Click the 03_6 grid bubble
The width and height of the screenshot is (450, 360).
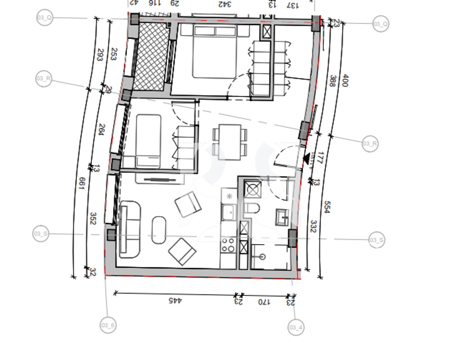pyautogui.click(x=108, y=325)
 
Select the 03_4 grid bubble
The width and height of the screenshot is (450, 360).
pyautogui.click(x=295, y=328)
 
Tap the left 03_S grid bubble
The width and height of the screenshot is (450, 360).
pyautogui.click(x=40, y=234)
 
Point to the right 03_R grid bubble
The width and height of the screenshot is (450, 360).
pyautogui.click(x=370, y=144)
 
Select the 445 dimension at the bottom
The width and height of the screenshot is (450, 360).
pyautogui.click(x=175, y=300)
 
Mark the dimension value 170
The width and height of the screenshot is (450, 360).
pyautogui.click(x=264, y=302)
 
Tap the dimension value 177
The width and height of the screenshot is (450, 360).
pyautogui.click(x=319, y=157)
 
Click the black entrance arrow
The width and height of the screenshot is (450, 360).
pyautogui.click(x=307, y=159)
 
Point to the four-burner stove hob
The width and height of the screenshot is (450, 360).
pyautogui.click(x=228, y=245)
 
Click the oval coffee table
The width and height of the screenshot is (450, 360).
pyautogui.click(x=159, y=230)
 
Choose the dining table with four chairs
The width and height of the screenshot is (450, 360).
pyautogui.click(x=230, y=142)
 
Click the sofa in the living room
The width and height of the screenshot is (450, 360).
pyautogui.click(x=130, y=229)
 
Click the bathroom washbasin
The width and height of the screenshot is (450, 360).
pyautogui.click(x=282, y=217)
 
